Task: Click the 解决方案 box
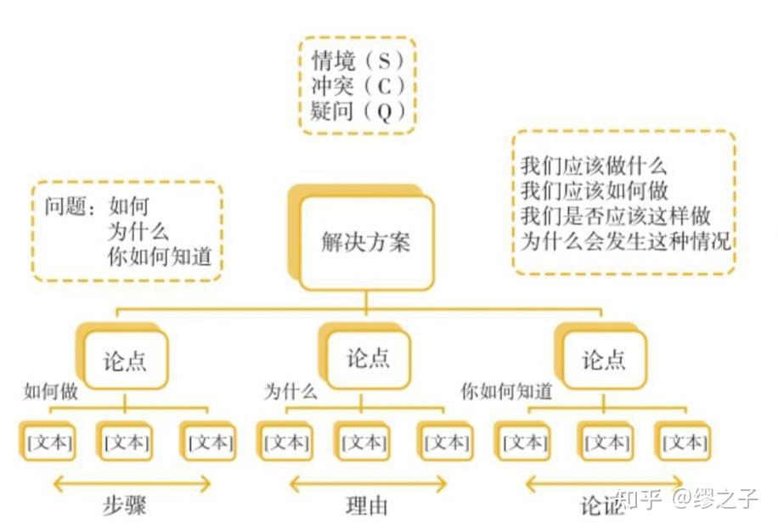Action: coord(366,242)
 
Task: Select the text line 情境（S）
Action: coord(358,61)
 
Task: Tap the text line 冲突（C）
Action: coord(358,86)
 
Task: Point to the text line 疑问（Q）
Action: coord(358,110)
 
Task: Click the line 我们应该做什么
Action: coord(594,166)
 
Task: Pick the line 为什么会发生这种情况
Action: coord(625,240)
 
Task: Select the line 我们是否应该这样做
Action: coord(615,215)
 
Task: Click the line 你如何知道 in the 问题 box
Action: coord(159,257)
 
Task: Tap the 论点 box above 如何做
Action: coord(126,361)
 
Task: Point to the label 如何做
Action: coord(51,392)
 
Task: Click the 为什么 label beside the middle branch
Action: coord(290,392)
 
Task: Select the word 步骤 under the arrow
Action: coord(125,505)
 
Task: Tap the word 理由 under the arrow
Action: coord(367,506)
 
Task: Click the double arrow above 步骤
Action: coord(132,484)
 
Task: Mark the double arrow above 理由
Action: coord(367,484)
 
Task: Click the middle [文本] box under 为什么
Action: coord(364,443)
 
